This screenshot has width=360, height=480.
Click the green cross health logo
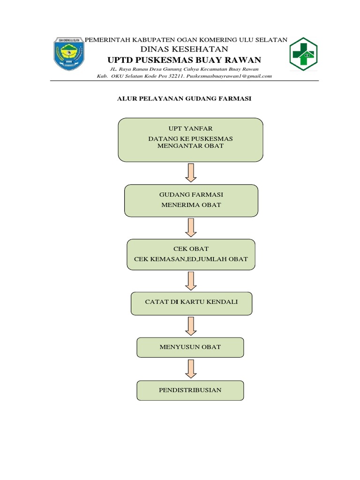[303, 54]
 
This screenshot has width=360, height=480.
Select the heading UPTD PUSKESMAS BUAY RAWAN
[184, 60]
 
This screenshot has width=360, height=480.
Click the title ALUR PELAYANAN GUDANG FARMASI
[184, 99]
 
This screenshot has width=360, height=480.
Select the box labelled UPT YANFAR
[190, 140]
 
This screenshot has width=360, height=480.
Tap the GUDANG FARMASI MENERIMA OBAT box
[191, 200]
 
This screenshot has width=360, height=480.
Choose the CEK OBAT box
[191, 254]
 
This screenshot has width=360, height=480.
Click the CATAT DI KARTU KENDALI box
[191, 303]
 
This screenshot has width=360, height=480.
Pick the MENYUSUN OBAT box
[190, 347]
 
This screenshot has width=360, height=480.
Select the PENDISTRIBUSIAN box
[190, 390]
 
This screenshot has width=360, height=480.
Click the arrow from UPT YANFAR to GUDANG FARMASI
[190, 172]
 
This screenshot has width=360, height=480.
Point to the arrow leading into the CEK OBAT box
[190, 227]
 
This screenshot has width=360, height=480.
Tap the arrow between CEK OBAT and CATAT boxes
[190, 280]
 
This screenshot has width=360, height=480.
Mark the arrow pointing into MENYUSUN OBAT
[190, 326]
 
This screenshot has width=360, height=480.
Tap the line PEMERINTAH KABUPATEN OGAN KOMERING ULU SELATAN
[185, 40]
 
